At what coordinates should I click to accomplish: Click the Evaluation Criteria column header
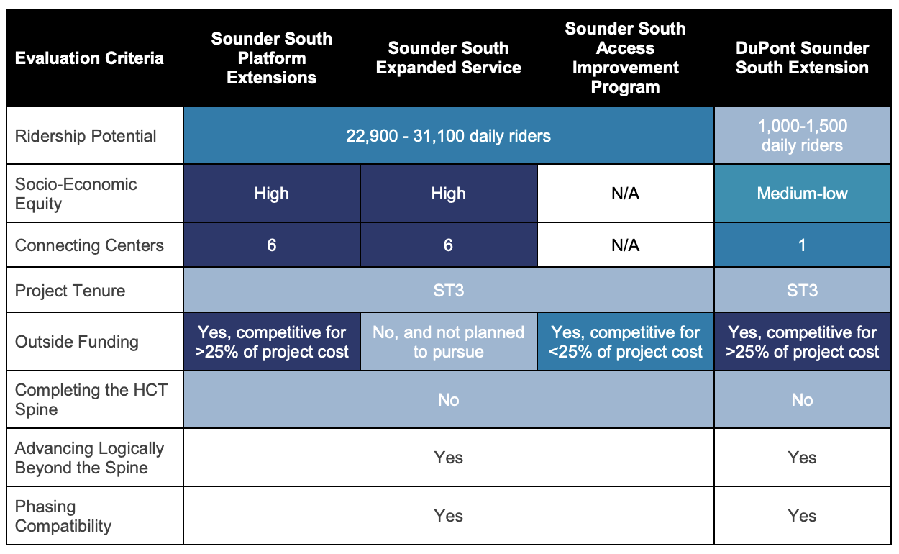coord(89,58)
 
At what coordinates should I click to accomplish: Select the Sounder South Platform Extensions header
coord(271,58)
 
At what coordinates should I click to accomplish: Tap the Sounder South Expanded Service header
coord(448,58)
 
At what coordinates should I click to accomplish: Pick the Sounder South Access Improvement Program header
coord(625,58)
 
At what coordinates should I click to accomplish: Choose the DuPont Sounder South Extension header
coord(802,58)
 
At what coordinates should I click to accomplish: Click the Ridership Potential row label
coord(86,136)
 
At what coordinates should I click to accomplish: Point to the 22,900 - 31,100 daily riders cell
coord(448,136)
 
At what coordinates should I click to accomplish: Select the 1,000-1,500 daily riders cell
coord(802,136)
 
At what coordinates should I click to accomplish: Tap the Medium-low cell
coord(802,194)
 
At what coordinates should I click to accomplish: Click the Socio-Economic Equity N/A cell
coord(625,194)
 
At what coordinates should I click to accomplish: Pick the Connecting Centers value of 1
coord(802,245)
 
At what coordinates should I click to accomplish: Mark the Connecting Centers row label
coord(89,245)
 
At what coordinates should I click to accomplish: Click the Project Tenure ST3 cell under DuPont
coord(802,291)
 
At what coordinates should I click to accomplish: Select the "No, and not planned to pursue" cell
coord(448,342)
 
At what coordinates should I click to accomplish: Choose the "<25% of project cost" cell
coord(625,342)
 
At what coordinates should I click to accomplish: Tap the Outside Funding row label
coord(76,342)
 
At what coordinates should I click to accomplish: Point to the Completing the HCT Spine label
coord(91,399)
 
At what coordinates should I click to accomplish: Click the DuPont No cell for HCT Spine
coord(802,400)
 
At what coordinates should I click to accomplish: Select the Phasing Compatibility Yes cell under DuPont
coord(802,516)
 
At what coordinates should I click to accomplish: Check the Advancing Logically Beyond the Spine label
coord(89,458)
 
